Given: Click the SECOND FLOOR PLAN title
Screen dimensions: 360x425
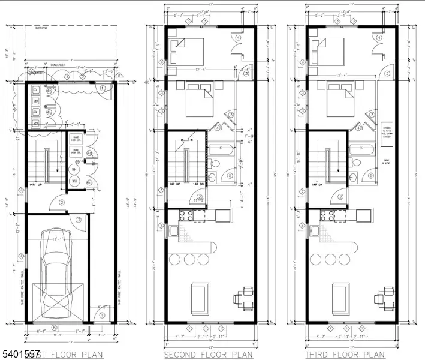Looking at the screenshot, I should point(208,355).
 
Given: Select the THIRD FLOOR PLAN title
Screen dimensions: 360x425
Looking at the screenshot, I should point(345,355).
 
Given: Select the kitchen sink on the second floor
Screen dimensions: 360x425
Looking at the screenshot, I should point(174,230).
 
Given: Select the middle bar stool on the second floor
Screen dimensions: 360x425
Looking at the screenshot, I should point(191,259).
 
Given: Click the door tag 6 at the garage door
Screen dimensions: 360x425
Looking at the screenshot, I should point(55,327).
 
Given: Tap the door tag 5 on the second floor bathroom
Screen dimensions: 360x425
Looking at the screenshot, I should point(230,175).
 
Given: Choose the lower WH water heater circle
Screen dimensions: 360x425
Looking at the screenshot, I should point(75,181).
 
